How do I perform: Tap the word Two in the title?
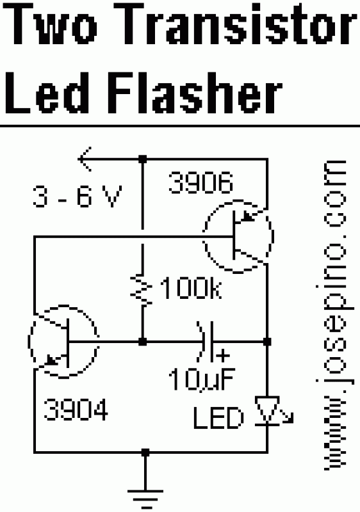(x=51, y=24)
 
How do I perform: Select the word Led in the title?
(x=47, y=92)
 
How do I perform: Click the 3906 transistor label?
(x=201, y=182)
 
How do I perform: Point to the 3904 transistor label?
(x=76, y=409)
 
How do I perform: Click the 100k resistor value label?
(x=191, y=289)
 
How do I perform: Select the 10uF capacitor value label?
(x=202, y=380)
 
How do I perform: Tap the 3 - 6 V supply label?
(x=77, y=196)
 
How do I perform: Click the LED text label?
(x=218, y=418)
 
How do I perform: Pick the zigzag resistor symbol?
(x=142, y=290)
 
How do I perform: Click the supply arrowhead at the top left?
(x=85, y=159)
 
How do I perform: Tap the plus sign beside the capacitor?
(x=223, y=355)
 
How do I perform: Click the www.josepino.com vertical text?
(x=334, y=315)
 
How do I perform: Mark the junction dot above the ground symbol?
(x=145, y=452)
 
